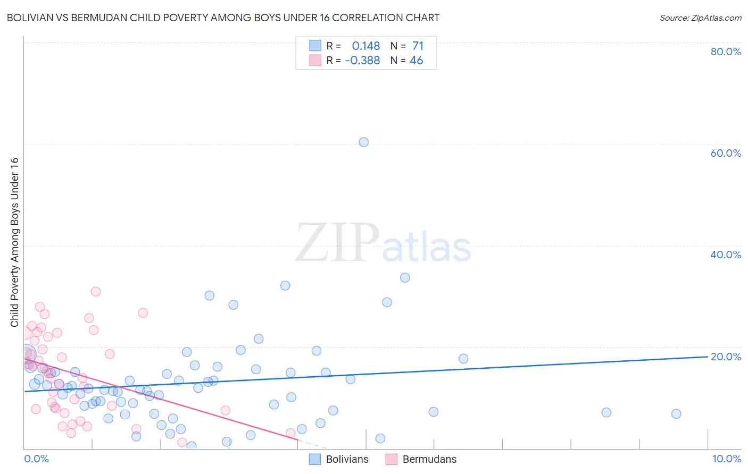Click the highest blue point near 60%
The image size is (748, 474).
[363, 142]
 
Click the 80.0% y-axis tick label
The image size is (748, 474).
[726, 52]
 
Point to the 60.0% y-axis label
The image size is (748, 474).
[726, 153]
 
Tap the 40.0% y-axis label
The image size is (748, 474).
[726, 255]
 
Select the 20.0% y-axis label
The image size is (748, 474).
[726, 357]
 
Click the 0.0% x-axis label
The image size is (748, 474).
[36, 459]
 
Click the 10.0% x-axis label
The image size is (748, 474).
[726, 459]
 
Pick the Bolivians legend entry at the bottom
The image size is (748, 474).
[347, 460]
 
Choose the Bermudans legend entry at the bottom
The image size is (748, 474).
[429, 460]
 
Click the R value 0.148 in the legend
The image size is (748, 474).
[366, 46]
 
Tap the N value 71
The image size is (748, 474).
[418, 46]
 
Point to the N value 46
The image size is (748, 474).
[416, 61]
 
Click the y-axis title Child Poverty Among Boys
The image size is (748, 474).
[14, 242]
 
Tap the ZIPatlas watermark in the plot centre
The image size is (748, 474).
[383, 243]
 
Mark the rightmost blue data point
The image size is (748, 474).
[676, 414]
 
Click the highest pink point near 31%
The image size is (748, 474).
[96, 291]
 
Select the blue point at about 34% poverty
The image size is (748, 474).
[405, 277]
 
